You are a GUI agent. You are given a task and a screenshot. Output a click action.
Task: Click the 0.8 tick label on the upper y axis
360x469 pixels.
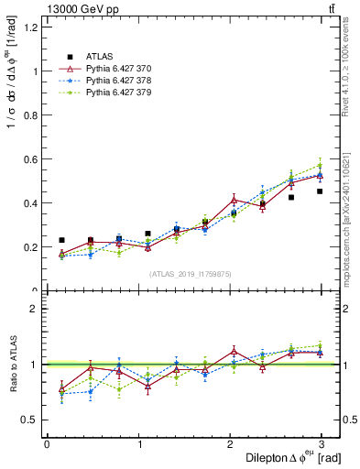(x=33, y=115)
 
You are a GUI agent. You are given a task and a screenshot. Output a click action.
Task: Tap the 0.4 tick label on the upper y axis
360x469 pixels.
(x=33, y=203)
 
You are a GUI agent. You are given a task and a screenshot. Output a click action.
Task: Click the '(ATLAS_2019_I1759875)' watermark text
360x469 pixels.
(x=190, y=274)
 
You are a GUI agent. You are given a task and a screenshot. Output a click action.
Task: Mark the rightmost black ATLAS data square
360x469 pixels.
(x=320, y=191)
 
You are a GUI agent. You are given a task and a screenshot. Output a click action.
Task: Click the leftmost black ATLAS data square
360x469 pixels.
(x=61, y=240)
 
